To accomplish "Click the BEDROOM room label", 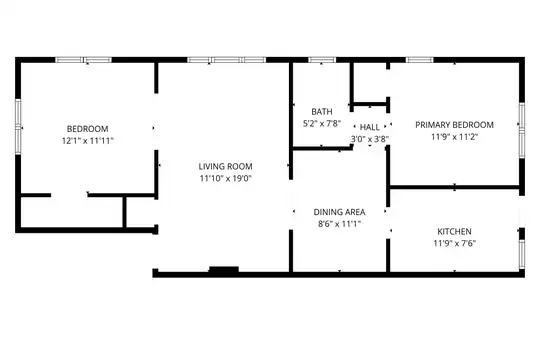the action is (x=87, y=129).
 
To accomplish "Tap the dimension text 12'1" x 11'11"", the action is (x=87, y=141).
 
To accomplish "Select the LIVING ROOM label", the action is (x=226, y=166).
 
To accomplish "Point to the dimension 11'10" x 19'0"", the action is (x=226, y=178).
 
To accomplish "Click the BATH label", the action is (x=322, y=112).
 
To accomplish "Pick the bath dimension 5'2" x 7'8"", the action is (x=322, y=123).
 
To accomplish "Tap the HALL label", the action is (x=370, y=127).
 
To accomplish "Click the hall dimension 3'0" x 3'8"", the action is (x=370, y=139).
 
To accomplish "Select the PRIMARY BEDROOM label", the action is (x=454, y=125).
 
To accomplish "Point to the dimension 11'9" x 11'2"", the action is (x=454, y=137).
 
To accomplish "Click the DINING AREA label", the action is (x=339, y=212).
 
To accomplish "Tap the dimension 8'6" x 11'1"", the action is (x=339, y=224).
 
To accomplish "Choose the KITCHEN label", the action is (x=454, y=232).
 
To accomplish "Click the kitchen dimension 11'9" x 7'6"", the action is (x=454, y=243).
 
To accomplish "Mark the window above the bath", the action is (x=322, y=60).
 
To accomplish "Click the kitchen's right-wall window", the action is (x=522, y=254).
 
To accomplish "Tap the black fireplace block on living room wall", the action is (x=224, y=270).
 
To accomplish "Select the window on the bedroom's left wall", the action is (x=18, y=127).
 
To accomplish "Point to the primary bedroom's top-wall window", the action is (x=419, y=60).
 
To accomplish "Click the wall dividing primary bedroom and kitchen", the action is (x=454, y=187).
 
